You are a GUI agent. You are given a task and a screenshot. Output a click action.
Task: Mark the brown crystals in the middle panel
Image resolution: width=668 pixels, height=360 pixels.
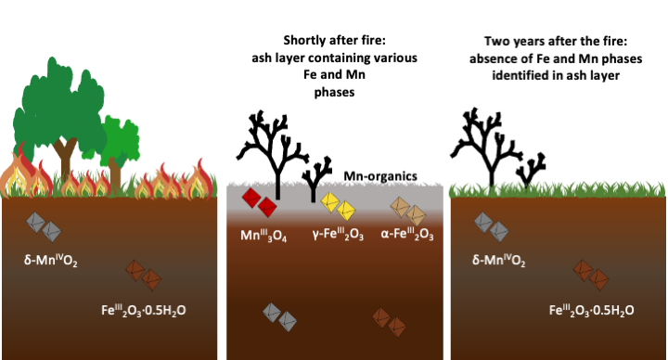click(x=389, y=322)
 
